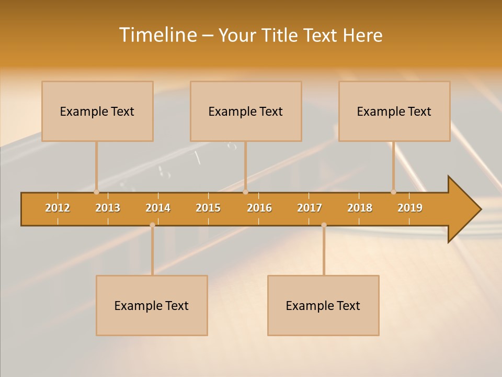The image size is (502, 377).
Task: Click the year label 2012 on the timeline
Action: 58,208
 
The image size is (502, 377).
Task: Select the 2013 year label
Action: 108,208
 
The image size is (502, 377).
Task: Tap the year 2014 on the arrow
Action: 158,208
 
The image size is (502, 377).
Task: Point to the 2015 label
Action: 208,208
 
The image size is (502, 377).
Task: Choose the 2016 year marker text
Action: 259,208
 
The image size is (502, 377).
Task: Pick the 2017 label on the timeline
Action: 310,208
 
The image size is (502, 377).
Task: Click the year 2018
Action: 360,208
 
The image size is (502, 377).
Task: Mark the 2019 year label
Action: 410,208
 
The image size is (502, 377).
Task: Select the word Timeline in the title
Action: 157,35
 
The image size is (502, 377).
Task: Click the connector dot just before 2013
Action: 96,192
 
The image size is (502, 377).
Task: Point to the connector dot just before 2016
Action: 245,192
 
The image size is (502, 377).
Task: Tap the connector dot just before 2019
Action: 393,192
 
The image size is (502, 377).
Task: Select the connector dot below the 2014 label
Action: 152,225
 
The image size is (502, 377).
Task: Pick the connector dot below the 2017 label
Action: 324,225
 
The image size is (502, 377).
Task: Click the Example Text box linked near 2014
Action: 152,305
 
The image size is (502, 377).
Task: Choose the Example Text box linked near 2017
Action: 323,305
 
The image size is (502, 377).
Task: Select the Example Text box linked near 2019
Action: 394,111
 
